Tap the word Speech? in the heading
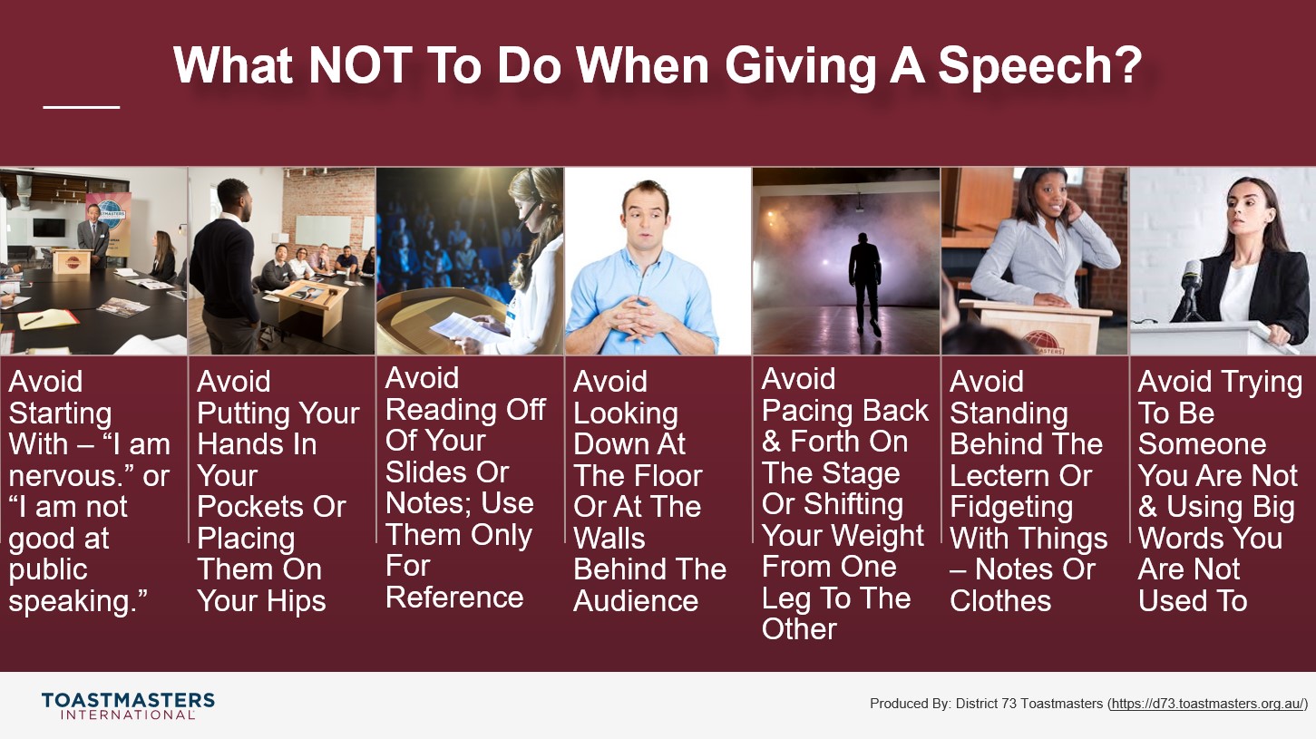[x=1040, y=66]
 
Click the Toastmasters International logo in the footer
[x=128, y=705]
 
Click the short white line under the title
[x=81, y=107]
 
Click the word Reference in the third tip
[x=454, y=598]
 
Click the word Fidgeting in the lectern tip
[x=1011, y=508]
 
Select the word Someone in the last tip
[x=1202, y=444]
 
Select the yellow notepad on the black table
[x=48, y=319]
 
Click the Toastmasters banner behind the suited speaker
[x=108, y=218]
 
